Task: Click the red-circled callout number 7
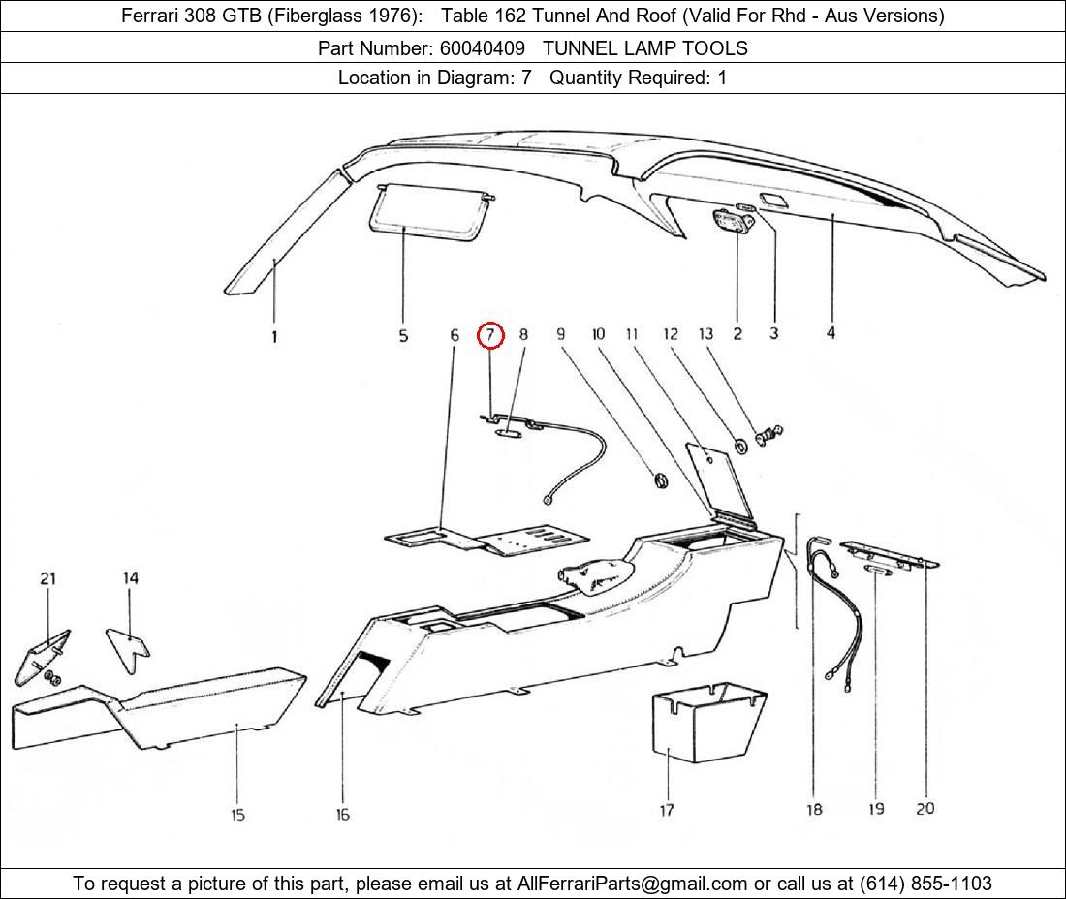coord(491,335)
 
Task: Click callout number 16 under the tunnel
coord(342,815)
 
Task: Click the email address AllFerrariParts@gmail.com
coord(632,883)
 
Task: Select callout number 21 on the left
coord(47,578)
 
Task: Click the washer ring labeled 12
coord(740,446)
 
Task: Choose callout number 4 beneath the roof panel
coord(831,333)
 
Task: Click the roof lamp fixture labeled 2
coord(734,222)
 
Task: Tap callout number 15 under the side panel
coord(238,815)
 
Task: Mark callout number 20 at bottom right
coord(925,807)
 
